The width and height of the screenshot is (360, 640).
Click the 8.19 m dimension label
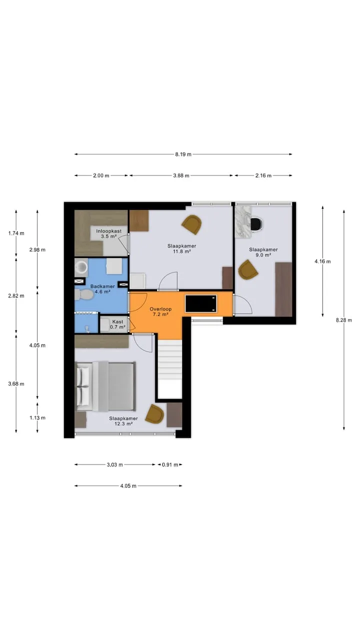click(x=183, y=154)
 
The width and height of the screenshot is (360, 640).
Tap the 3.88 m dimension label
click(x=181, y=175)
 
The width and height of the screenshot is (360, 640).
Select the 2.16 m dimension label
click(x=263, y=175)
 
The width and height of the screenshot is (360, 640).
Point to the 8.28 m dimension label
click(x=344, y=320)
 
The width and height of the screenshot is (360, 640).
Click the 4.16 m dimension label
click(x=323, y=261)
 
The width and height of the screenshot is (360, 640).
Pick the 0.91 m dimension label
click(x=170, y=464)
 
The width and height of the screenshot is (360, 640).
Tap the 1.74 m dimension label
click(x=16, y=233)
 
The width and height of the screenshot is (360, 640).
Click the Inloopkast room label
click(x=109, y=231)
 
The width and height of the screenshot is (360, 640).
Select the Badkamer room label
click(x=102, y=286)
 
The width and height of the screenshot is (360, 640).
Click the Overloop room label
click(x=160, y=309)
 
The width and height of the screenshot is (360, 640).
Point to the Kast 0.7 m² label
click(x=117, y=324)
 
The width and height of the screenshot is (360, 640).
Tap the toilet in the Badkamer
click(x=84, y=294)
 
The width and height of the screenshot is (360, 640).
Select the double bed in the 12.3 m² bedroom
click(x=105, y=386)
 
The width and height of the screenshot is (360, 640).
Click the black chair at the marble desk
click(x=257, y=223)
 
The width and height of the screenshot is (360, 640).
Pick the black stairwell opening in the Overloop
click(x=201, y=303)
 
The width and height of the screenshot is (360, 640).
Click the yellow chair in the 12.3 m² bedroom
click(x=154, y=413)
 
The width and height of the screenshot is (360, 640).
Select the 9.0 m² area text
click(x=263, y=255)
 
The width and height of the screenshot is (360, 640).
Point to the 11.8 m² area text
click(x=182, y=251)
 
